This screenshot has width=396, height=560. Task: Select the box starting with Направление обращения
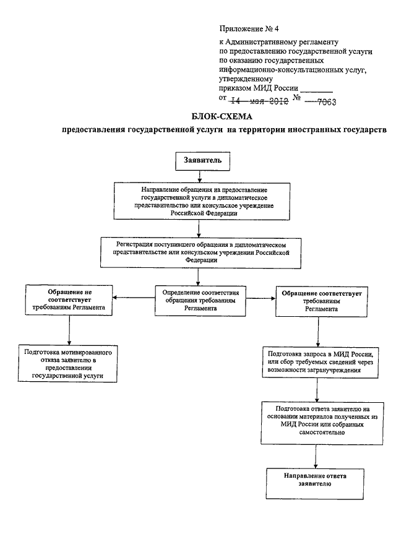pyautogui.click(x=202, y=202)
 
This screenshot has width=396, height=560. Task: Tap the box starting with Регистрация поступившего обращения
pyautogui.click(x=200, y=253)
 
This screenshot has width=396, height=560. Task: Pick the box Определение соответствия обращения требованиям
pyautogui.click(x=200, y=300)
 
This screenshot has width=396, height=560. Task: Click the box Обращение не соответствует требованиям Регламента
pyautogui.click(x=69, y=299)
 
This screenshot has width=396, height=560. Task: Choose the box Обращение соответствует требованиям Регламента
pyautogui.click(x=321, y=301)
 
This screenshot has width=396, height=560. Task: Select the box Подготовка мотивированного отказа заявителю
pyautogui.click(x=67, y=363)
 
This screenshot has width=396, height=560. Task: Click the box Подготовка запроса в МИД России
pyautogui.click(x=321, y=362)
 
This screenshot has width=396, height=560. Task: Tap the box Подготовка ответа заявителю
pyautogui.click(x=322, y=423)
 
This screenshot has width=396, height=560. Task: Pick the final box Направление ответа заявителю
pyautogui.click(x=315, y=484)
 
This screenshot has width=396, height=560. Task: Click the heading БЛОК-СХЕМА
pyautogui.click(x=222, y=116)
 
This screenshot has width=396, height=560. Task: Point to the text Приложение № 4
pyautogui.click(x=249, y=28)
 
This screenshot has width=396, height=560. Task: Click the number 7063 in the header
pyautogui.click(x=326, y=102)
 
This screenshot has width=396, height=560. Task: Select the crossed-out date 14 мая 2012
pyautogui.click(x=260, y=101)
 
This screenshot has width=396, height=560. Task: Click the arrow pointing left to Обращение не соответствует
pyautogui.click(x=134, y=298)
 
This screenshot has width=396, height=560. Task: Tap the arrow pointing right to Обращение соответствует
pyautogui.click(x=260, y=299)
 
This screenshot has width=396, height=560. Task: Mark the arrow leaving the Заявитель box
pyautogui.click(x=199, y=177)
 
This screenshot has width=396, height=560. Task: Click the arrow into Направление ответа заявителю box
pyautogui.click(x=315, y=457)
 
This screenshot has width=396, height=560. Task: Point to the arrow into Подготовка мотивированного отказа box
pyautogui.click(x=69, y=330)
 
